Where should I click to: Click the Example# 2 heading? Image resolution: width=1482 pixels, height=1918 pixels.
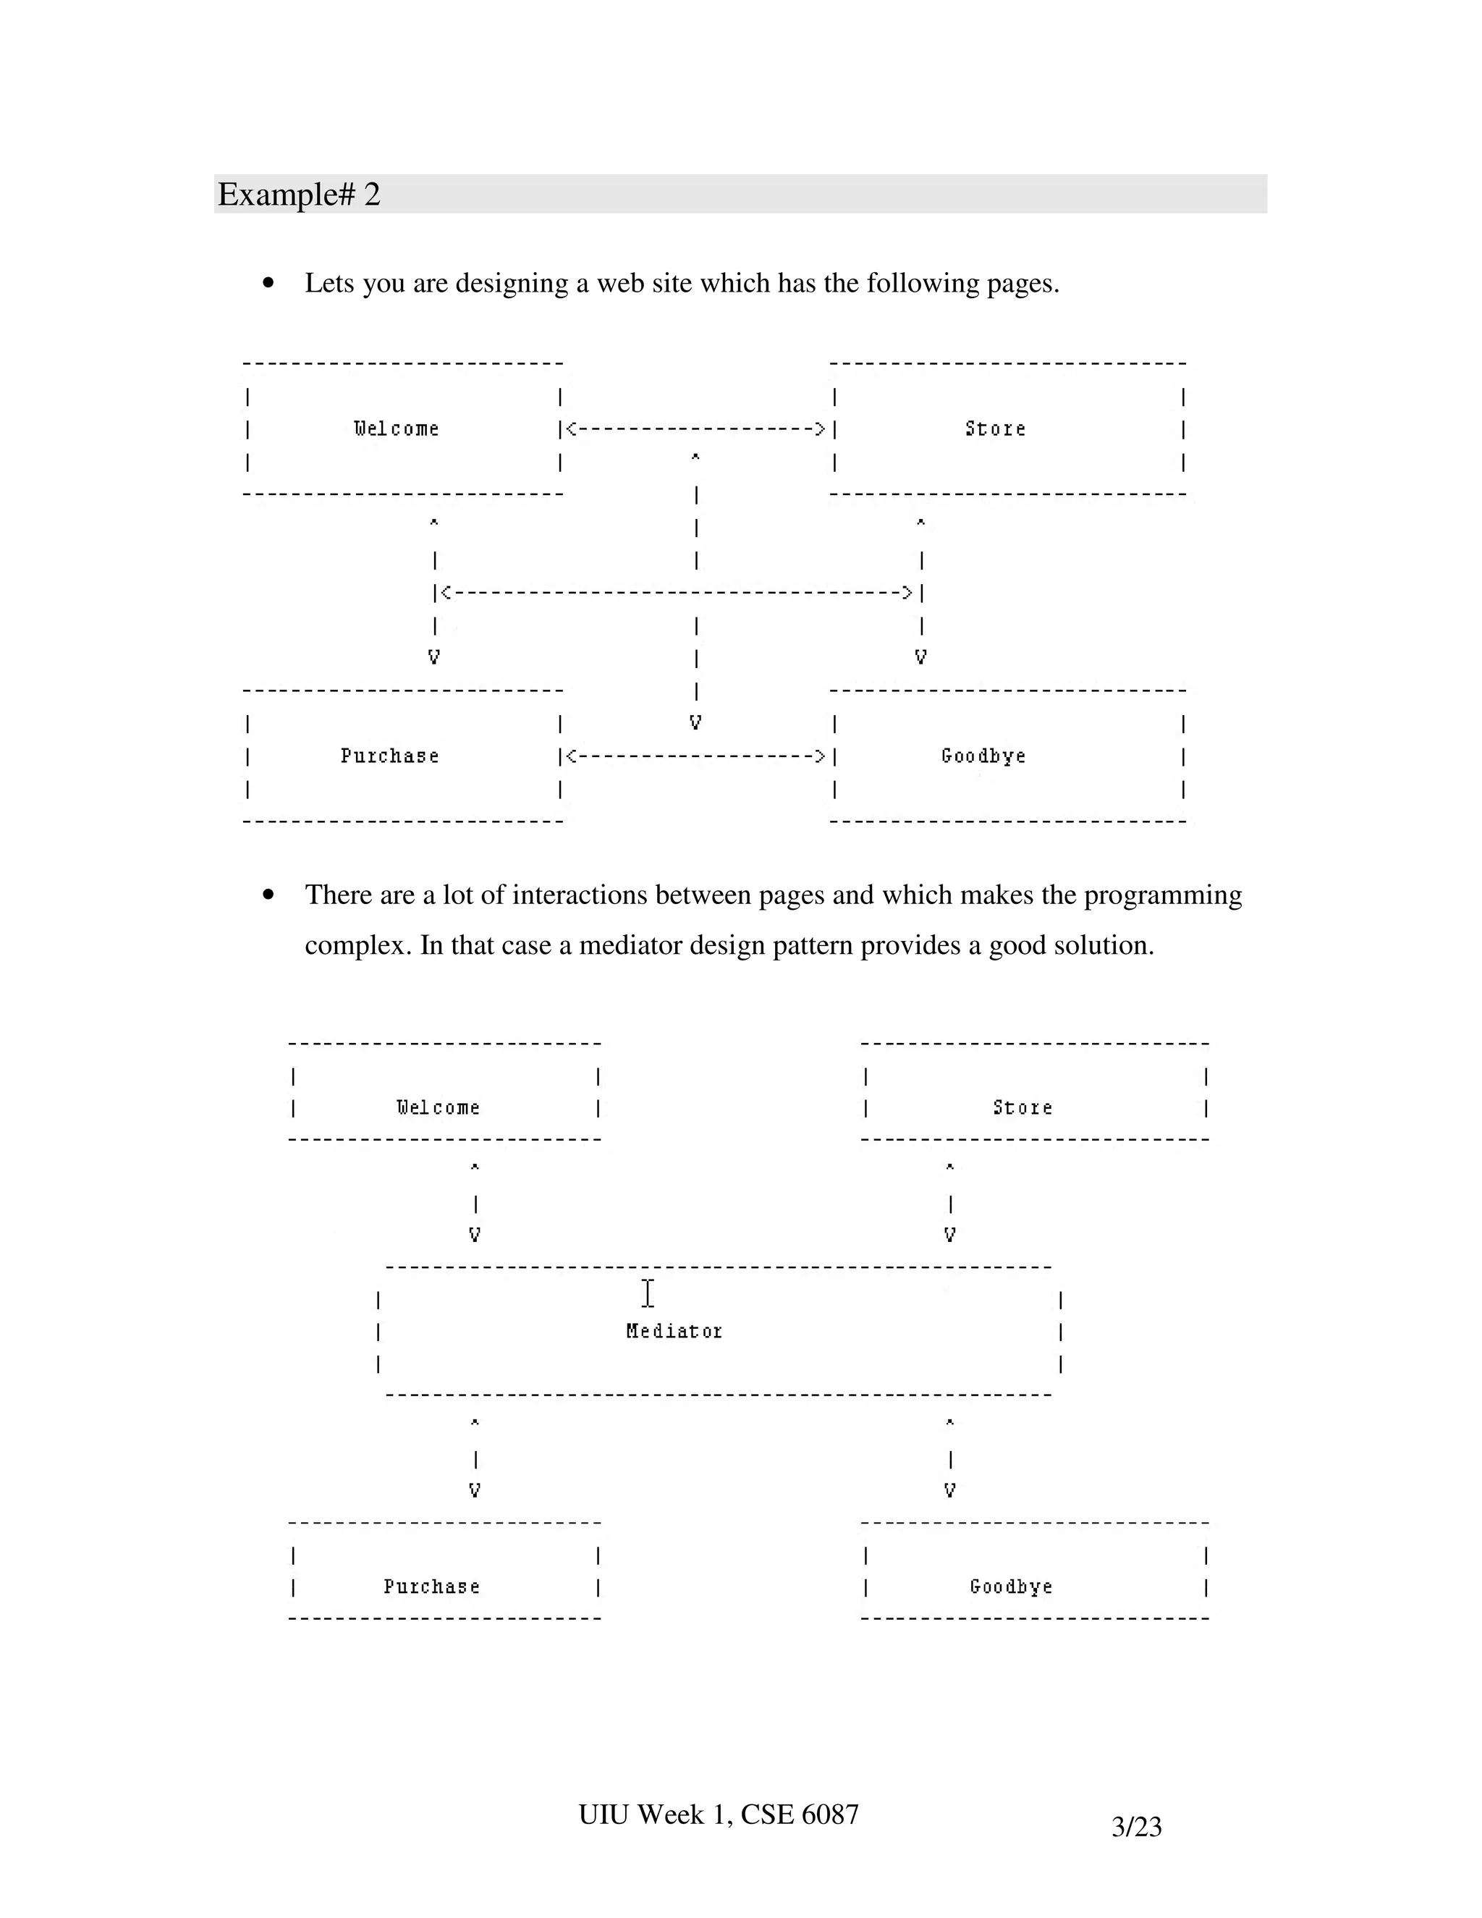(x=300, y=194)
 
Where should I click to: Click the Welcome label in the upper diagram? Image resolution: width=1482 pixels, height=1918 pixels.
(x=397, y=428)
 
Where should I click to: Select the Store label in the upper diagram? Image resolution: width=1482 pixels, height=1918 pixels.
(x=996, y=428)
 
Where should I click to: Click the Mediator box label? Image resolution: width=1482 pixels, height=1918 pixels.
(x=674, y=1331)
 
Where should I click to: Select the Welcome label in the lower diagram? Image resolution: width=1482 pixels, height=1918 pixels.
(x=438, y=1107)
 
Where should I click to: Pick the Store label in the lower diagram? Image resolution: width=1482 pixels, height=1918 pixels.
(x=1022, y=1107)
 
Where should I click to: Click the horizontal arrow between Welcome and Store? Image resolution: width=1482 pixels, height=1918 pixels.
(x=695, y=429)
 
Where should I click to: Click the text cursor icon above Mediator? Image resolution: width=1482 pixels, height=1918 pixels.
(x=648, y=1293)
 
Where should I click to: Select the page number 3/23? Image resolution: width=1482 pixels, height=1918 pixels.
(x=1136, y=1827)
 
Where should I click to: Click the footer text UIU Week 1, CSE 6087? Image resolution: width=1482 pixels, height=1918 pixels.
(x=718, y=1815)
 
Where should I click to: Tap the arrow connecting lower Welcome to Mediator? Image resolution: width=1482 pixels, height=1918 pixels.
(x=475, y=1202)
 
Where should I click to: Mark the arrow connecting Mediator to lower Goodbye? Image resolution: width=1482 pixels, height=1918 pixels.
(x=950, y=1458)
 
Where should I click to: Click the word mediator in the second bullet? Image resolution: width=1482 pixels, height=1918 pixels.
(x=630, y=945)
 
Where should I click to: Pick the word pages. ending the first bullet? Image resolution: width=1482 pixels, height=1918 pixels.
(x=1022, y=284)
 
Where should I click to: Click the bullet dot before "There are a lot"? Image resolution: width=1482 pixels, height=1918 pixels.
(x=268, y=895)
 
